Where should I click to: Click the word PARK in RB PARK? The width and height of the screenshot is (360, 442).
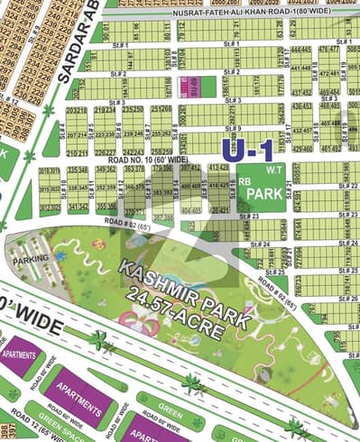(x=264, y=193)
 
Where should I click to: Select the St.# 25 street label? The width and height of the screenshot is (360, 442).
(x=280, y=272)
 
